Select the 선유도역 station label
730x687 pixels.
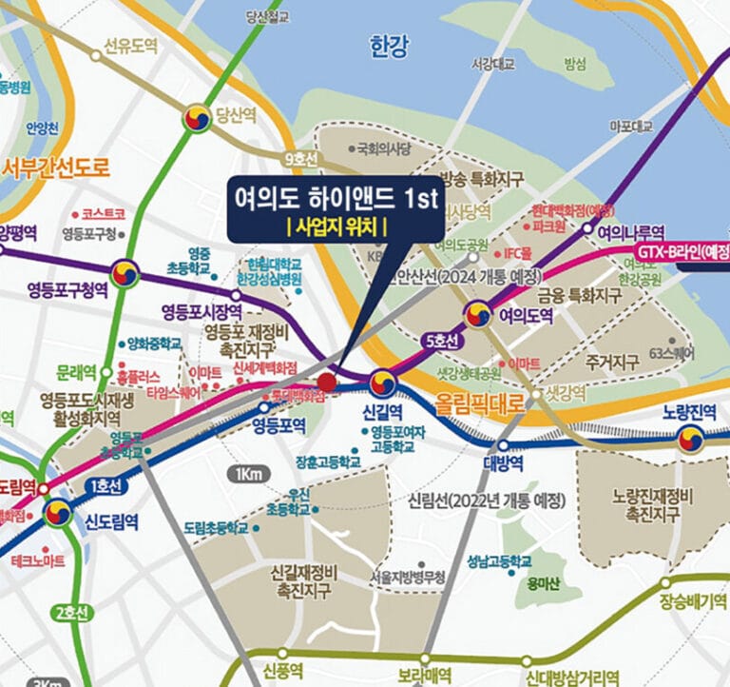point(131,45)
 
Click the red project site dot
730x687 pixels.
point(326,383)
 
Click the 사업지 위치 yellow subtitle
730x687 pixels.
point(334,226)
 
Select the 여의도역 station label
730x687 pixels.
point(526,315)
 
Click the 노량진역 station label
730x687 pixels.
point(688,414)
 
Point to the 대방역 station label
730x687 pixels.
point(503,463)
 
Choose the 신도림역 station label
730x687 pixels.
point(112,521)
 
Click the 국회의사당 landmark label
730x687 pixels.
point(384,148)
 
